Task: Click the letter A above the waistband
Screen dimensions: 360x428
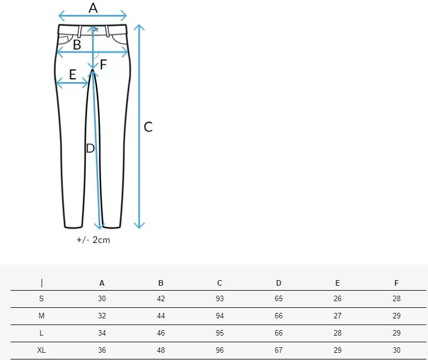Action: click(93, 8)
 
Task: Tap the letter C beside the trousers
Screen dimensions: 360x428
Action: click(148, 127)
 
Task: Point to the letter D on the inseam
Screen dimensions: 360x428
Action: click(90, 148)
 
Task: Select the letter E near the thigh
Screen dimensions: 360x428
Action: click(73, 74)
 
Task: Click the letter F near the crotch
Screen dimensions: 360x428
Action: click(103, 64)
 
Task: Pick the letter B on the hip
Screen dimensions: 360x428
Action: click(77, 45)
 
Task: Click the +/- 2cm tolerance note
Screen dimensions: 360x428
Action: click(93, 240)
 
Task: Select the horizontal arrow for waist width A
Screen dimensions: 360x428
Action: click(93, 16)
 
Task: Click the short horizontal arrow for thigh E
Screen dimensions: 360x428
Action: click(73, 83)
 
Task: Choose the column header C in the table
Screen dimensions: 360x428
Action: click(220, 283)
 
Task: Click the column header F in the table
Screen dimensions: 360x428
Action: click(396, 283)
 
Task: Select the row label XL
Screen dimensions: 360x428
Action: click(42, 351)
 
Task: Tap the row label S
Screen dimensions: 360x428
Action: click(42, 299)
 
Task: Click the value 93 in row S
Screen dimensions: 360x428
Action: click(220, 299)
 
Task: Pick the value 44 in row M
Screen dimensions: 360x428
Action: click(161, 316)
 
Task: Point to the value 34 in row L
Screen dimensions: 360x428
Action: click(102, 333)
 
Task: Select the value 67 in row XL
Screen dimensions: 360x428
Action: click(278, 351)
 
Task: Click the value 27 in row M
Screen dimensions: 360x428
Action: click(338, 316)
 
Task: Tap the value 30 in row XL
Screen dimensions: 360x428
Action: click(396, 351)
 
